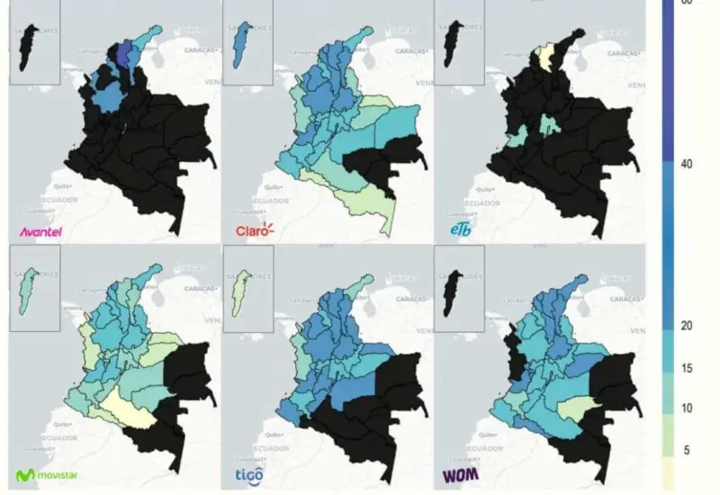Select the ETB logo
pyautogui.click(x=461, y=232)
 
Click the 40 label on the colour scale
pyautogui.click(x=687, y=164)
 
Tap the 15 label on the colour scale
pyautogui.click(x=687, y=368)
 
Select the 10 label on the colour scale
pyautogui.click(x=687, y=409)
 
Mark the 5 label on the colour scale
pyautogui.click(x=687, y=448)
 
